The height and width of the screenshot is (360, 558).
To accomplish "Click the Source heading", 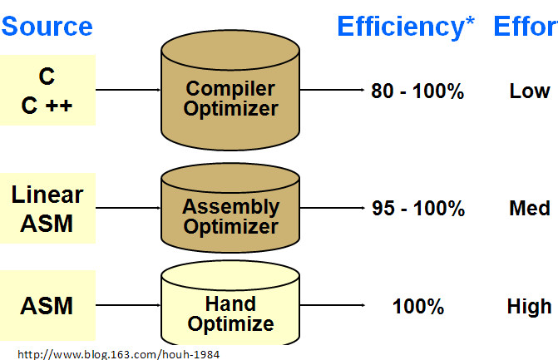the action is point(47,27).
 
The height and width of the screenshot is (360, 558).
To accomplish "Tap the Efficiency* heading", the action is point(406,27).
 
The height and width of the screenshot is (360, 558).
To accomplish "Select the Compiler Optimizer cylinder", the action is point(230,90).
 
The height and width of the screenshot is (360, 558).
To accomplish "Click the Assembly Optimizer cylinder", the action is point(230,208).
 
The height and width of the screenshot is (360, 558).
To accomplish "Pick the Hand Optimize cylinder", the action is point(230,303).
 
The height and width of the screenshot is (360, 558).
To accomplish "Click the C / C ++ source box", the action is point(47,90).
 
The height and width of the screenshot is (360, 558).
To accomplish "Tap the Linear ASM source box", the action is point(47,208).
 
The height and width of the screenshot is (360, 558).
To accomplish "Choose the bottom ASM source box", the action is point(47,305).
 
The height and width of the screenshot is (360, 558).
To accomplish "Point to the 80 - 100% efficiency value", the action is point(417,91).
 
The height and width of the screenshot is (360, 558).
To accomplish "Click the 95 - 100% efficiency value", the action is point(418,208).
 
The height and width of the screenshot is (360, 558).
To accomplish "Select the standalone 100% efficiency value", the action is point(418,306).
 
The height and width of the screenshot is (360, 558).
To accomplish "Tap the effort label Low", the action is point(530,91).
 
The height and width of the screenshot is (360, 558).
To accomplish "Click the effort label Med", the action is point(530,208).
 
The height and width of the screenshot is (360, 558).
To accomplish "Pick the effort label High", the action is point(529,307).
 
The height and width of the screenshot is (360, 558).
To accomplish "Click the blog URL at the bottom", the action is point(119,354).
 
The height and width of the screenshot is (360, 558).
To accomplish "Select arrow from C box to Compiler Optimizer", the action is point(128,90).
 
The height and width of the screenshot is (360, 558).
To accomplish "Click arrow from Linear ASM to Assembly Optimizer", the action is point(128,208).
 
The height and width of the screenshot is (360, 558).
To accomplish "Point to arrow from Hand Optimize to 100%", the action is point(333,305).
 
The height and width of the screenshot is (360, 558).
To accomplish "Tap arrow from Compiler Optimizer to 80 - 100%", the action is point(333,90).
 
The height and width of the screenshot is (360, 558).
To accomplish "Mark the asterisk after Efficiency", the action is point(470,21).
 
